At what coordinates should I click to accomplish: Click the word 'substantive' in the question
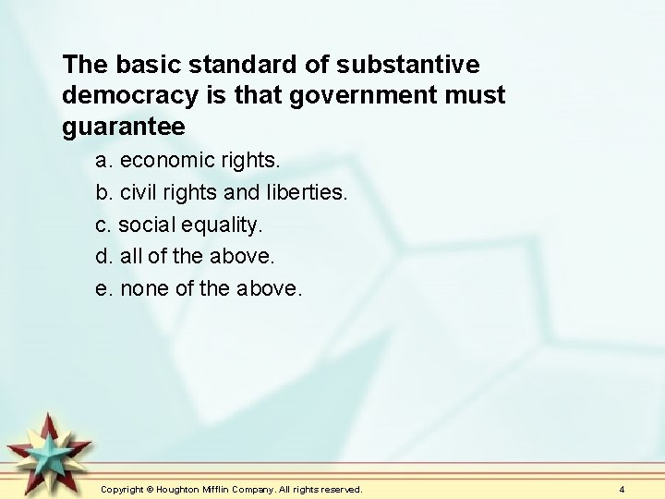click(408, 65)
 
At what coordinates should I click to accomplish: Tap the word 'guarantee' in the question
click(124, 127)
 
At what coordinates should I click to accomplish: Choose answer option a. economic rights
click(187, 160)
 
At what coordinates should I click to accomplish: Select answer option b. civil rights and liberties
click(222, 192)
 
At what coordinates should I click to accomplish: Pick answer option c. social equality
click(179, 225)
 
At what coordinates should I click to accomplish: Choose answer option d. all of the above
click(186, 256)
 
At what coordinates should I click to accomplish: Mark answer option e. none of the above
click(199, 288)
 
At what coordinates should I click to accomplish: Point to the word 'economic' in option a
click(162, 160)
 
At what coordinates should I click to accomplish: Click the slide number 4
click(622, 489)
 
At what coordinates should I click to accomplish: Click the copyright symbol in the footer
click(151, 489)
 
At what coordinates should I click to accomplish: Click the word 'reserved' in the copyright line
click(340, 489)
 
